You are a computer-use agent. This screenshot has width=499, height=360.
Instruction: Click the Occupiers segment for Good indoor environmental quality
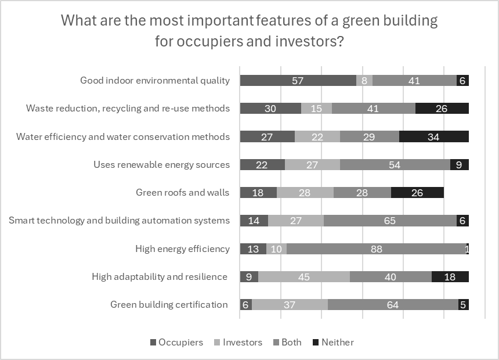point(298,81)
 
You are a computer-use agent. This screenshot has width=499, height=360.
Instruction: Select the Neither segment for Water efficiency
point(433,137)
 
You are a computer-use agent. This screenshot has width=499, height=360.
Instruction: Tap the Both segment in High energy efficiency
point(376,249)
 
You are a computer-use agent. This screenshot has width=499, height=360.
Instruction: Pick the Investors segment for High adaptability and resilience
point(303,277)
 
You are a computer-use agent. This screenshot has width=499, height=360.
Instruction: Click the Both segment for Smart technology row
point(390,221)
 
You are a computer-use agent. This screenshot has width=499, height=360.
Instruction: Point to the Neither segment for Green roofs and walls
point(417,193)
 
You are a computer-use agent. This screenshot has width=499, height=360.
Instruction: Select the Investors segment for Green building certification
point(290,305)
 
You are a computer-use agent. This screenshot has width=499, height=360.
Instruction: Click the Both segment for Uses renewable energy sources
point(395,165)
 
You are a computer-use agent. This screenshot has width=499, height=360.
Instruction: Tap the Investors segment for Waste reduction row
point(316,109)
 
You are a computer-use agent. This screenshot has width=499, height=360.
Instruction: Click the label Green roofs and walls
point(182,193)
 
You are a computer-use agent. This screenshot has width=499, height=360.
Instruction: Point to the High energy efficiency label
point(182,249)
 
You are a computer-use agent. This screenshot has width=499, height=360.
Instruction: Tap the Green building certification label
point(169,305)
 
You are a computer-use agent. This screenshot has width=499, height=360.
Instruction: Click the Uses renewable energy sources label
point(161,165)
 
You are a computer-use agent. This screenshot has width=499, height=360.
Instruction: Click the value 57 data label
point(298,81)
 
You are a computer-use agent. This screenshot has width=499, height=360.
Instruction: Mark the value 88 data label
point(376,249)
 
